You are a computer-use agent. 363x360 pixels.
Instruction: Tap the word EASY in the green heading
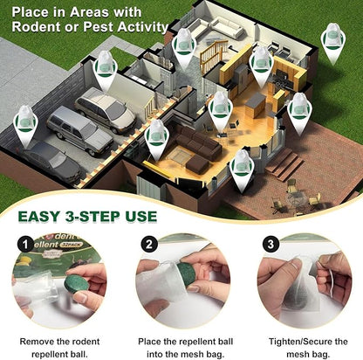point(43,216)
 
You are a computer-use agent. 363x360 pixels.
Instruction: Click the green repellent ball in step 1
point(76,285)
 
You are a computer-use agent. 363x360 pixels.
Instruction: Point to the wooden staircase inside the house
point(213,62)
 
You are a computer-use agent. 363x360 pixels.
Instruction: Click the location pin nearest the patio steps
point(242,166)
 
